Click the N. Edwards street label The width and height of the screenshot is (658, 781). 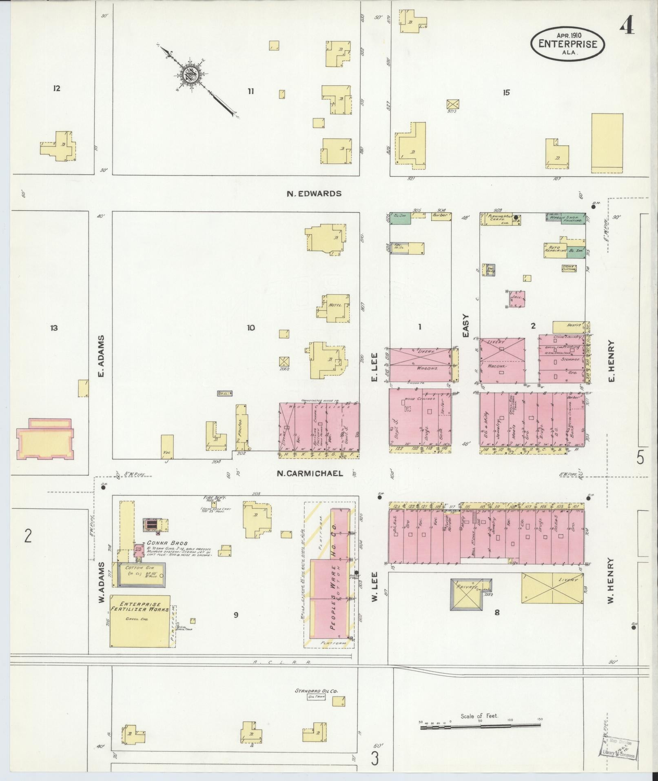pos(314,194)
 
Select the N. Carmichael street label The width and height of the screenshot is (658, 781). pos(310,474)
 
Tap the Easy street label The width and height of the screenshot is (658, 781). pos(466,325)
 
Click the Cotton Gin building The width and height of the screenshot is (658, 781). pos(141,575)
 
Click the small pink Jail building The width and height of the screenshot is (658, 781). pos(517,299)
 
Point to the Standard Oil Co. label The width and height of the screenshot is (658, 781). pos(317,691)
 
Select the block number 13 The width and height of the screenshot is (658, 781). pos(54,328)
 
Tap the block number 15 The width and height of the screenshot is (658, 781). pos(506,93)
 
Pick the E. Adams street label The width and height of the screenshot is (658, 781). pos(102,356)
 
